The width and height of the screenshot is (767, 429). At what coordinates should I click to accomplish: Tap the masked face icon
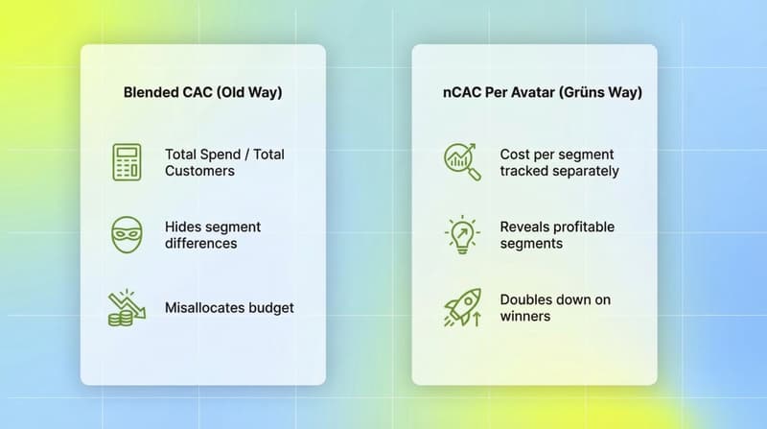tap(127, 235)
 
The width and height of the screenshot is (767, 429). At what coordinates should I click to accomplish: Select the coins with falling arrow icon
tap(127, 308)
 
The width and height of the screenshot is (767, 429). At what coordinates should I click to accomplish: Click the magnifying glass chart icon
tap(461, 162)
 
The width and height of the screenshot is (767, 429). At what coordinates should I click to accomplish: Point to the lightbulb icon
tap(461, 235)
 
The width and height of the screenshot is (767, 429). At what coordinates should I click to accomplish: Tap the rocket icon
tap(461, 308)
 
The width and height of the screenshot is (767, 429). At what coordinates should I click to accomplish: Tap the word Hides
tap(183, 227)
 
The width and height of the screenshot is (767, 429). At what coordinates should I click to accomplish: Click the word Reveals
tap(527, 227)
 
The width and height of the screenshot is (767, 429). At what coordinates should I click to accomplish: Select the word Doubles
tap(527, 299)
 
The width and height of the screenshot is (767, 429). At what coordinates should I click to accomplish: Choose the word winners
tap(525, 316)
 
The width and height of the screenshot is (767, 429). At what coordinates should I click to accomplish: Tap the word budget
tap(271, 308)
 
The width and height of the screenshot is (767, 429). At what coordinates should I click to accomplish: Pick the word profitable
tap(585, 227)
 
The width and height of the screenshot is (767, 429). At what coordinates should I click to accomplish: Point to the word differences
tap(200, 244)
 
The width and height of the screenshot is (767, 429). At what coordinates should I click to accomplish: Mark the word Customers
tap(199, 171)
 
